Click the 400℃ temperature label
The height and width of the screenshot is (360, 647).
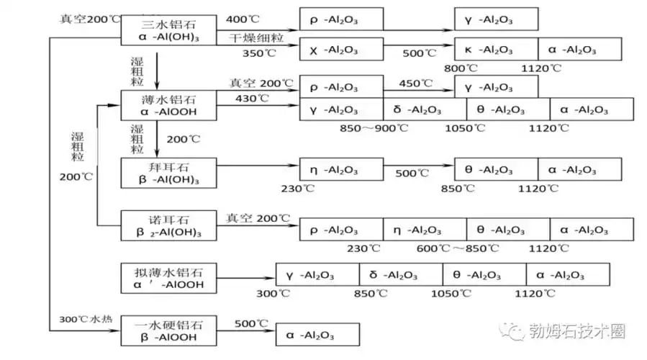(x=242, y=17)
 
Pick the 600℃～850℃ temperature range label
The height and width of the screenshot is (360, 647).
(x=456, y=248)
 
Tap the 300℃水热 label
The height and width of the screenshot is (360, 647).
(x=83, y=318)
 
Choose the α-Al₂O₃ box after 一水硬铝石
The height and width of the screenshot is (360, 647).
(x=317, y=335)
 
